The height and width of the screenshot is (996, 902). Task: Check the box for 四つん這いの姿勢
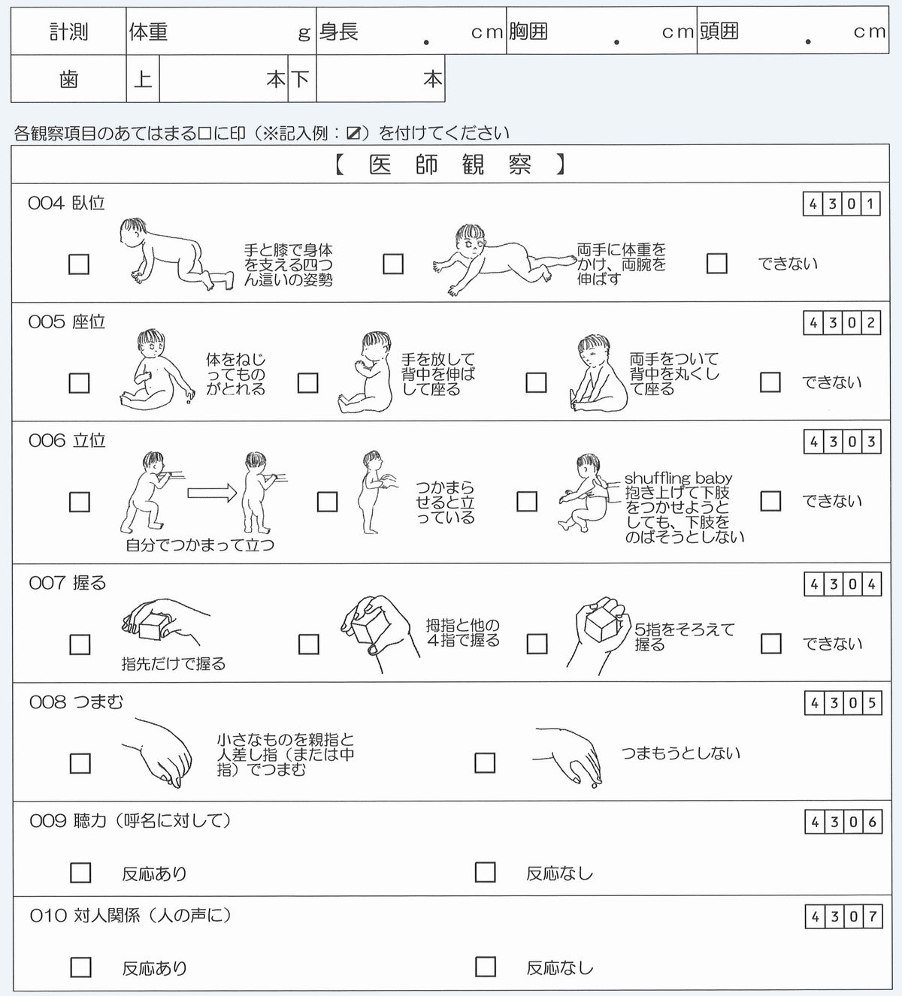click(79, 264)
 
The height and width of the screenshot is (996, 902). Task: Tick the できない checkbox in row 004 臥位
click(717, 264)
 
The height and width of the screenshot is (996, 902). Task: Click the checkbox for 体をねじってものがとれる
click(79, 383)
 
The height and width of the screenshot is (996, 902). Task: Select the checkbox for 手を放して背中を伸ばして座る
click(308, 383)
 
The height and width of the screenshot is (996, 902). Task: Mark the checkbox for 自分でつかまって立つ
click(79, 502)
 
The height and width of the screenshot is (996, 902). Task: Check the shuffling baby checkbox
click(527, 501)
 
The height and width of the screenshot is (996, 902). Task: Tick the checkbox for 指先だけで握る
click(79, 644)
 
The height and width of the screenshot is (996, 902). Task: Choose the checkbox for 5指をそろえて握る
click(537, 644)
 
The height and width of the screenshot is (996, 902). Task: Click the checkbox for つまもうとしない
click(485, 763)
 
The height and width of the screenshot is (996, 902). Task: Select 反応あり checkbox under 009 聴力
click(80, 873)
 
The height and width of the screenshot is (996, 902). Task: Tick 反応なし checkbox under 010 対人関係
click(486, 967)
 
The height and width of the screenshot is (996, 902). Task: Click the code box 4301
click(842, 204)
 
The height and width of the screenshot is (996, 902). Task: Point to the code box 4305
click(842, 704)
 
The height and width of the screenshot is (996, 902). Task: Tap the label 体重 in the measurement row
click(148, 32)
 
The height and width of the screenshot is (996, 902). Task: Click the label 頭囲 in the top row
click(719, 32)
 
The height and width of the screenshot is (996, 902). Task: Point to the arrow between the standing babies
click(211, 493)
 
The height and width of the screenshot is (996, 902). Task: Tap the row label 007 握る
click(68, 583)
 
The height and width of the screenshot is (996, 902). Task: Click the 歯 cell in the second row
click(68, 79)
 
